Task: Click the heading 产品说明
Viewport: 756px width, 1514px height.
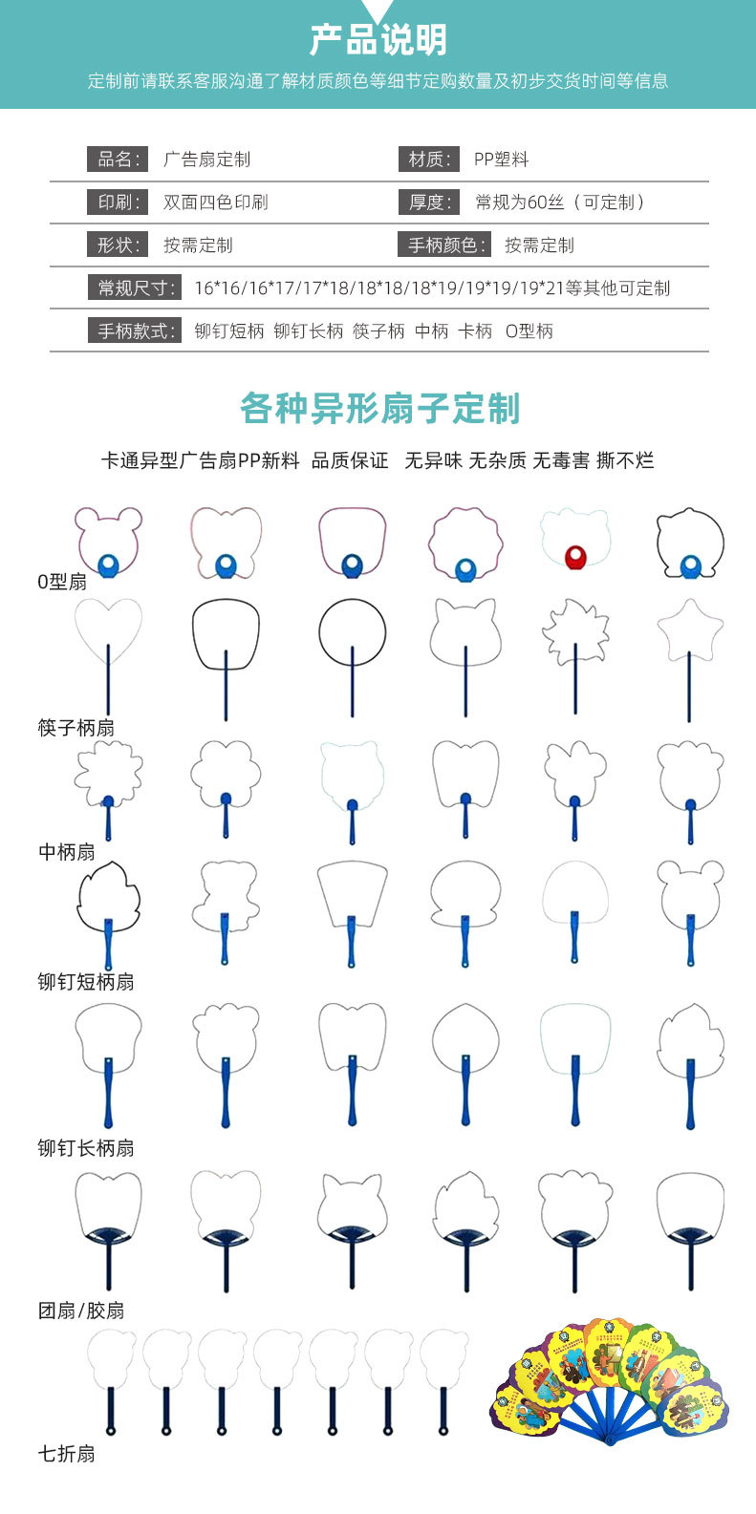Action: click(378, 40)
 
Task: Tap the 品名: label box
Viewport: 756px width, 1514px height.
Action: click(118, 160)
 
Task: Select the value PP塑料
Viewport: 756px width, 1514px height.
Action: click(501, 160)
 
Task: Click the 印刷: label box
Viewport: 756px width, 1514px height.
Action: click(118, 203)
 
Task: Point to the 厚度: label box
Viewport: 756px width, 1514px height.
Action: click(428, 203)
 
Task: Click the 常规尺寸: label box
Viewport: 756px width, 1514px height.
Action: click(136, 288)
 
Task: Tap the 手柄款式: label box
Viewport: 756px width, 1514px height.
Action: click(136, 331)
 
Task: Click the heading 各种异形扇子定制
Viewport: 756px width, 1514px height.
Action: click(379, 409)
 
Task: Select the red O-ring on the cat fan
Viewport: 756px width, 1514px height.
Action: click(574, 557)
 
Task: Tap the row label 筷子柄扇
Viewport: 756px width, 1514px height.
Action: click(76, 728)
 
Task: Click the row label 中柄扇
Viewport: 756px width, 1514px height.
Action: click(67, 852)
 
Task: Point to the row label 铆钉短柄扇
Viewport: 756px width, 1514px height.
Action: click(86, 982)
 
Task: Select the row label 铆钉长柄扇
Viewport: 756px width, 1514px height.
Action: click(86, 1148)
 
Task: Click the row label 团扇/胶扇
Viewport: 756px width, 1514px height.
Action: click(81, 1311)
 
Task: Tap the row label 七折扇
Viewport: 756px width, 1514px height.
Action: click(67, 1455)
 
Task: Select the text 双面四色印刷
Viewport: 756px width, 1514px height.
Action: click(215, 203)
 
